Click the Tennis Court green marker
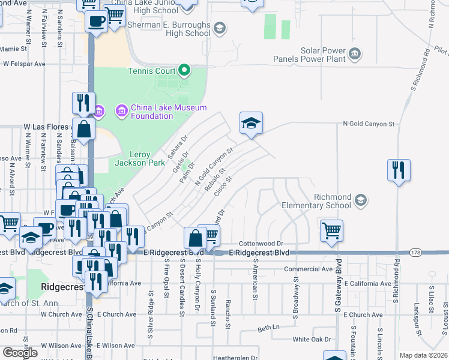[184, 71]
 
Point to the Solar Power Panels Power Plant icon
[355, 55]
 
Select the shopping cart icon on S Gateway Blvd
[331, 231]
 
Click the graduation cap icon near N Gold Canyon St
[252, 124]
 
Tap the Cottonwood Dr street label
[261, 244]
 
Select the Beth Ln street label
[269, 328]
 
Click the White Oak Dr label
[312, 339]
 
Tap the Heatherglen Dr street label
[235, 358]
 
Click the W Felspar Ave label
[24, 63]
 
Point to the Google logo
[20, 353]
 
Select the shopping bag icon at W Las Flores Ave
[84, 128]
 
